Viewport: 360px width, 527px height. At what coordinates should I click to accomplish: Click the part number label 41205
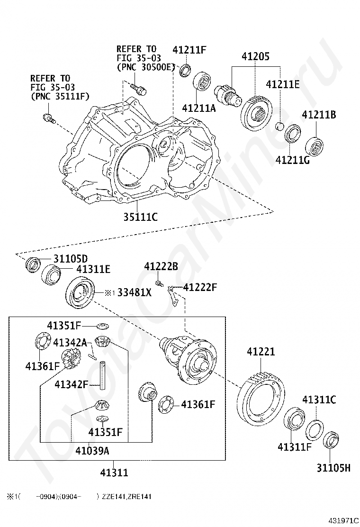[x=256, y=56]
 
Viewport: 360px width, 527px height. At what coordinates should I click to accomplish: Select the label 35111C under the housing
[x=140, y=217]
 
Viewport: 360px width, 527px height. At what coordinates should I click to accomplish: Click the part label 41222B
[x=161, y=266]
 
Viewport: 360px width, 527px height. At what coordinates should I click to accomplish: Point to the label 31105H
[x=333, y=467]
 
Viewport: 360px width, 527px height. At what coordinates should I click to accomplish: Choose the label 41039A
[x=92, y=450]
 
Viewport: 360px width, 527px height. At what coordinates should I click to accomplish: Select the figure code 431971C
[x=342, y=521]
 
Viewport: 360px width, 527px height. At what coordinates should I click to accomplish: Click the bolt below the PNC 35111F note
[x=49, y=118]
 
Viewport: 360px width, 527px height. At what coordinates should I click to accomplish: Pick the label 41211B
[x=319, y=115]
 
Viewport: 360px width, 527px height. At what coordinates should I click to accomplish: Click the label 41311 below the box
[x=114, y=472]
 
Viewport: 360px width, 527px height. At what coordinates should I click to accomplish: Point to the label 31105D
[x=71, y=258]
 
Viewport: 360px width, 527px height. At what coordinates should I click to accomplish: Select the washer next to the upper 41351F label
[x=103, y=326]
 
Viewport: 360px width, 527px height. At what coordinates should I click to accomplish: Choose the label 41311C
[x=319, y=400]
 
